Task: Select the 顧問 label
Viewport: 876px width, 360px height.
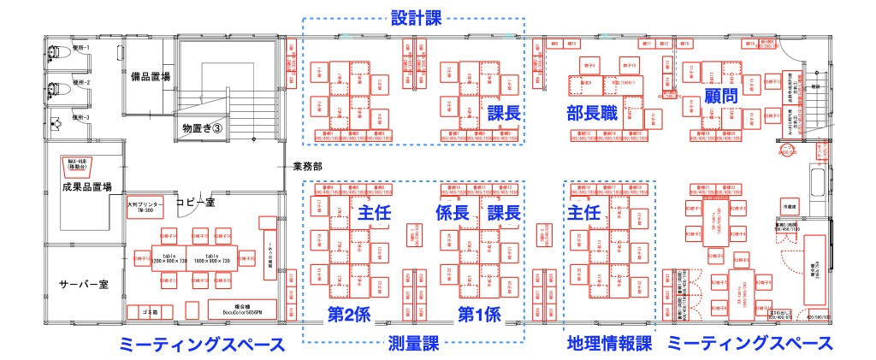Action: tap(720, 95)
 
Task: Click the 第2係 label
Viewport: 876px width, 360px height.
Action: tap(349, 314)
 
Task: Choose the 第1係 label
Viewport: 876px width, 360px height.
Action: tap(479, 314)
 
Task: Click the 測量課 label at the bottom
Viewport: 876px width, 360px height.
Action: tap(412, 344)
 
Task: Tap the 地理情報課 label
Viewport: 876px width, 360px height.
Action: tap(609, 344)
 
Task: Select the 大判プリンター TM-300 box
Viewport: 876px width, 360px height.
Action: tap(144, 208)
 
